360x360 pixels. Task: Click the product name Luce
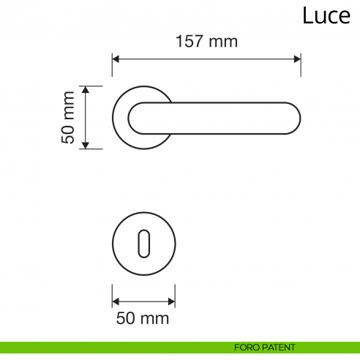[326, 15]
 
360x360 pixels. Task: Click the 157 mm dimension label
[207, 42]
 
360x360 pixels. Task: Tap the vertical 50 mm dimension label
[69, 117]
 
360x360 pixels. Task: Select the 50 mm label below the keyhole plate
[143, 318]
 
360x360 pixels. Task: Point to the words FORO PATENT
[266, 347]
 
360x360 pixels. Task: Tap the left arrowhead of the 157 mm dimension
[116, 59]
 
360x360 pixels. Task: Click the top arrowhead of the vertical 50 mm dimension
[86, 89]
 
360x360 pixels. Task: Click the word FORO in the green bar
[246, 347]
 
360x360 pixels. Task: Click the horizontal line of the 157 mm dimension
[207, 59]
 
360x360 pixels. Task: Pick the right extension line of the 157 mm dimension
[301, 64]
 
